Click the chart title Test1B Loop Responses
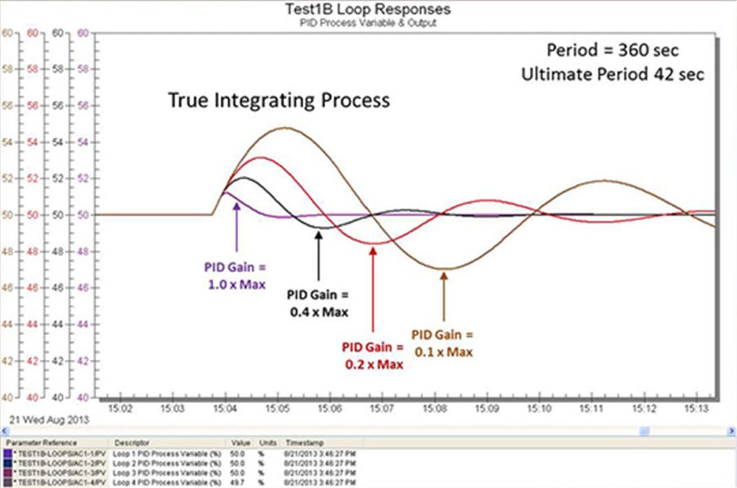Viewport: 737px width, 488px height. coord(368,9)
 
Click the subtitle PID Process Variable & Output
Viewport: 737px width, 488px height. coord(368,22)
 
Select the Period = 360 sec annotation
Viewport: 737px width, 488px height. coord(612,50)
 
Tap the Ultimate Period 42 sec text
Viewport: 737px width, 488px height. coord(613,73)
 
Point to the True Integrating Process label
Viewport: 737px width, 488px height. coord(279,100)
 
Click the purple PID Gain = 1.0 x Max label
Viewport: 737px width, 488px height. coord(235,276)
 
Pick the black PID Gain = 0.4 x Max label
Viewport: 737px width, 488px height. coord(317,303)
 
